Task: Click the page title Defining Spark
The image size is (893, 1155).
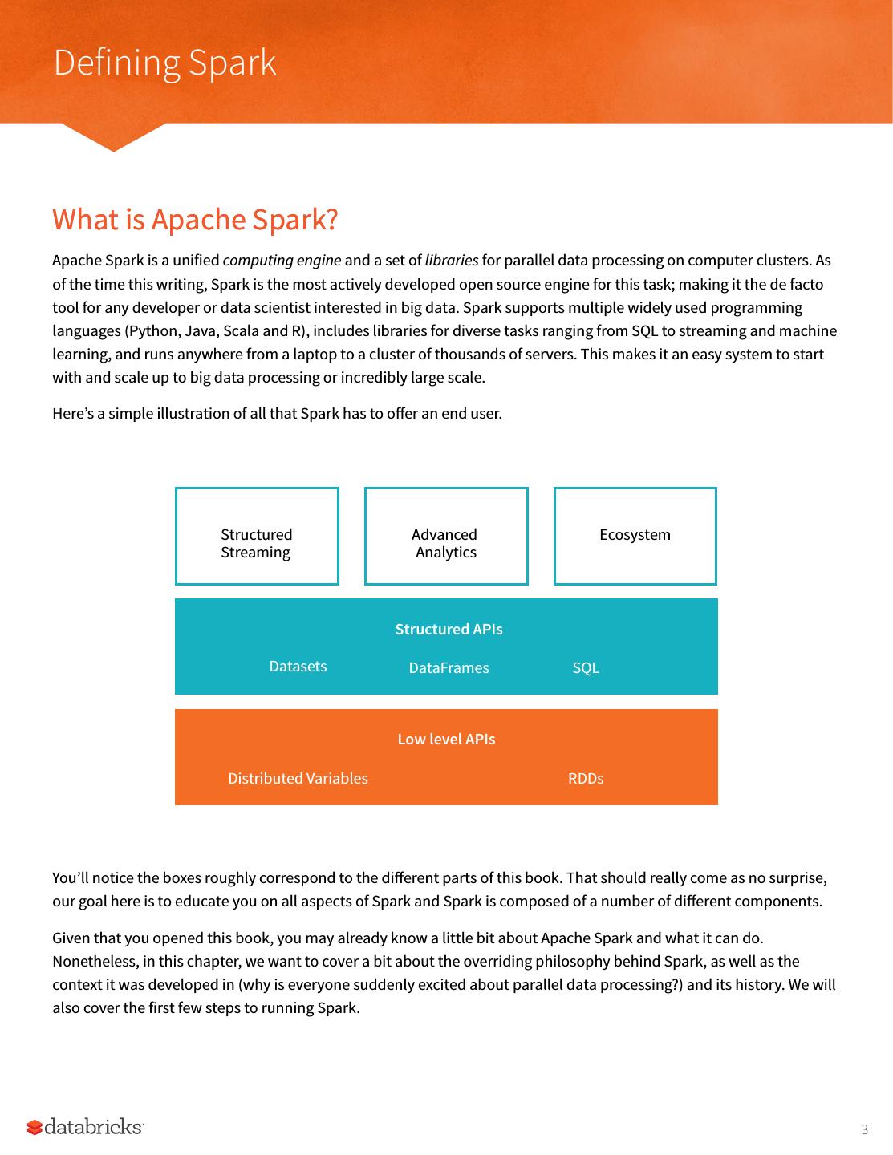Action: point(164,63)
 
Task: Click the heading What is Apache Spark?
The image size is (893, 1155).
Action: point(195,219)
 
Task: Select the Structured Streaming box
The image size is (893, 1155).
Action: point(257,536)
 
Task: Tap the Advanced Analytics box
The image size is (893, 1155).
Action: point(446,536)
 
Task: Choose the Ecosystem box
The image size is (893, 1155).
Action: point(635,535)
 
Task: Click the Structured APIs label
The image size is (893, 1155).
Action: point(449,630)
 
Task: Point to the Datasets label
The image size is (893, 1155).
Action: point(298,667)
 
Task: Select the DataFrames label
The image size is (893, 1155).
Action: point(449,668)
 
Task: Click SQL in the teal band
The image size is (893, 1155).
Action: point(586,668)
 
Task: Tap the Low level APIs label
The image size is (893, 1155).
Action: point(446,740)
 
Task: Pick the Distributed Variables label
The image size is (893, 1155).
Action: point(298,779)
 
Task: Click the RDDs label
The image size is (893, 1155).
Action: point(586,779)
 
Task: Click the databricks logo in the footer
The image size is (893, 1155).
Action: point(86,1127)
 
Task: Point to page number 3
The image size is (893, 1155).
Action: point(864,1130)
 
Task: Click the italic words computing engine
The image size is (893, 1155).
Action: point(282,261)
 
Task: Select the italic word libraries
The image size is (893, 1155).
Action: point(451,261)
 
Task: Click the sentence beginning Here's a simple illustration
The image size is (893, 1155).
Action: point(277,414)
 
